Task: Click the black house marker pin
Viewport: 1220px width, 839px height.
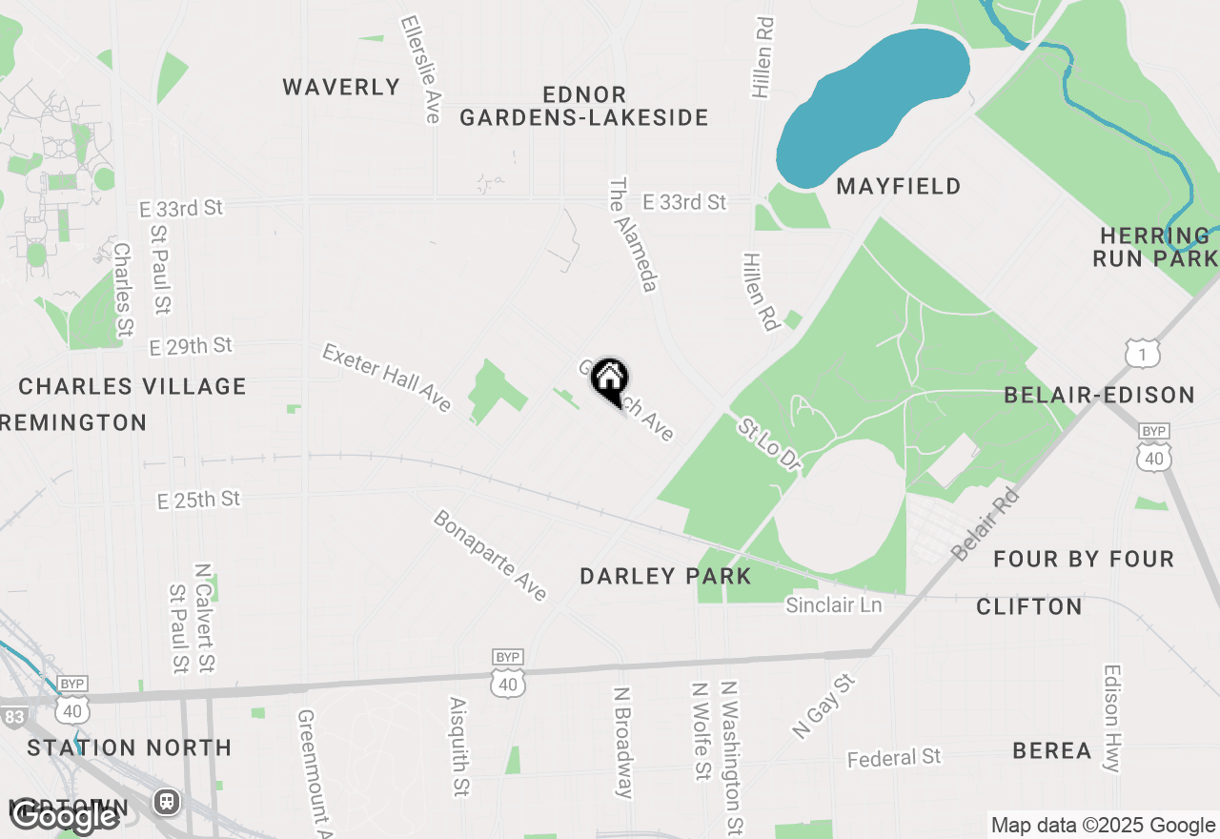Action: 609,381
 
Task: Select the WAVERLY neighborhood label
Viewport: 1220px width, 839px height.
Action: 341,88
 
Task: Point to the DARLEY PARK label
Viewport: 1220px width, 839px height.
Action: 666,576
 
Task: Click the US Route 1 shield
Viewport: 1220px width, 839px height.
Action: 1142,354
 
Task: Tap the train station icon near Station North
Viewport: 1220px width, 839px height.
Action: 168,802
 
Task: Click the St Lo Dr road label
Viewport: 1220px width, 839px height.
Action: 767,442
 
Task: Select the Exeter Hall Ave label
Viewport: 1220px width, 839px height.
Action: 386,378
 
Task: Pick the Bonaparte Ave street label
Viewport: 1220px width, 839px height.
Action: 490,556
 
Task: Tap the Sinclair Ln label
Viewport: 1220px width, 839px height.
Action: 834,605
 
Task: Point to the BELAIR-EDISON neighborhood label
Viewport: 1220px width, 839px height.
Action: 1100,395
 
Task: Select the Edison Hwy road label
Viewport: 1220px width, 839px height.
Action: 1112,718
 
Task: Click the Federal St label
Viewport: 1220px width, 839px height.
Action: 894,758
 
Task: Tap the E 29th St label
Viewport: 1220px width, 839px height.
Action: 191,346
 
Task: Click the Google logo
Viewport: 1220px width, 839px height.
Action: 65,816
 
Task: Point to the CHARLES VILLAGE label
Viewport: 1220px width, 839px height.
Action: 132,386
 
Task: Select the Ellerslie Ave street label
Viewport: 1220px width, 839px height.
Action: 420,68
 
